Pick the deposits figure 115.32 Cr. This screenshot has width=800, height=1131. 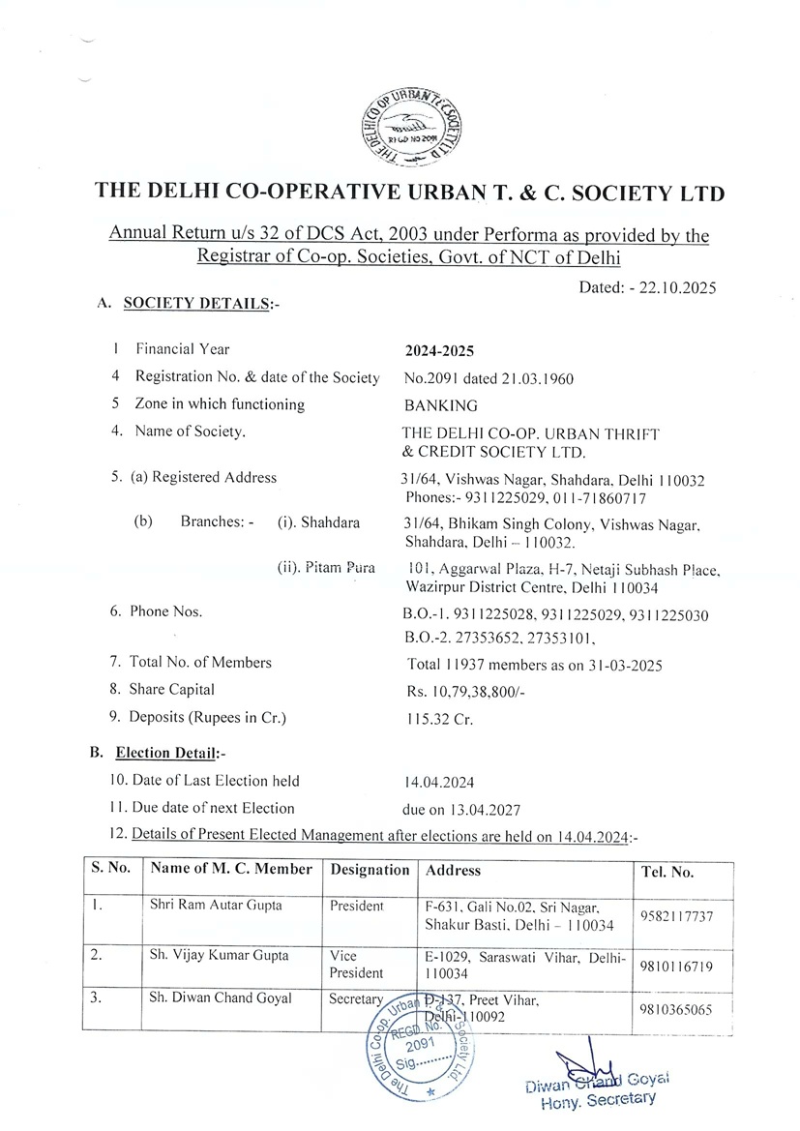point(437,718)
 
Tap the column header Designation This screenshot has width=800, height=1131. point(370,870)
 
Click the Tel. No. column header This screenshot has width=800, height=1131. point(667,872)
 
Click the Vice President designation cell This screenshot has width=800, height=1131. point(356,964)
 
